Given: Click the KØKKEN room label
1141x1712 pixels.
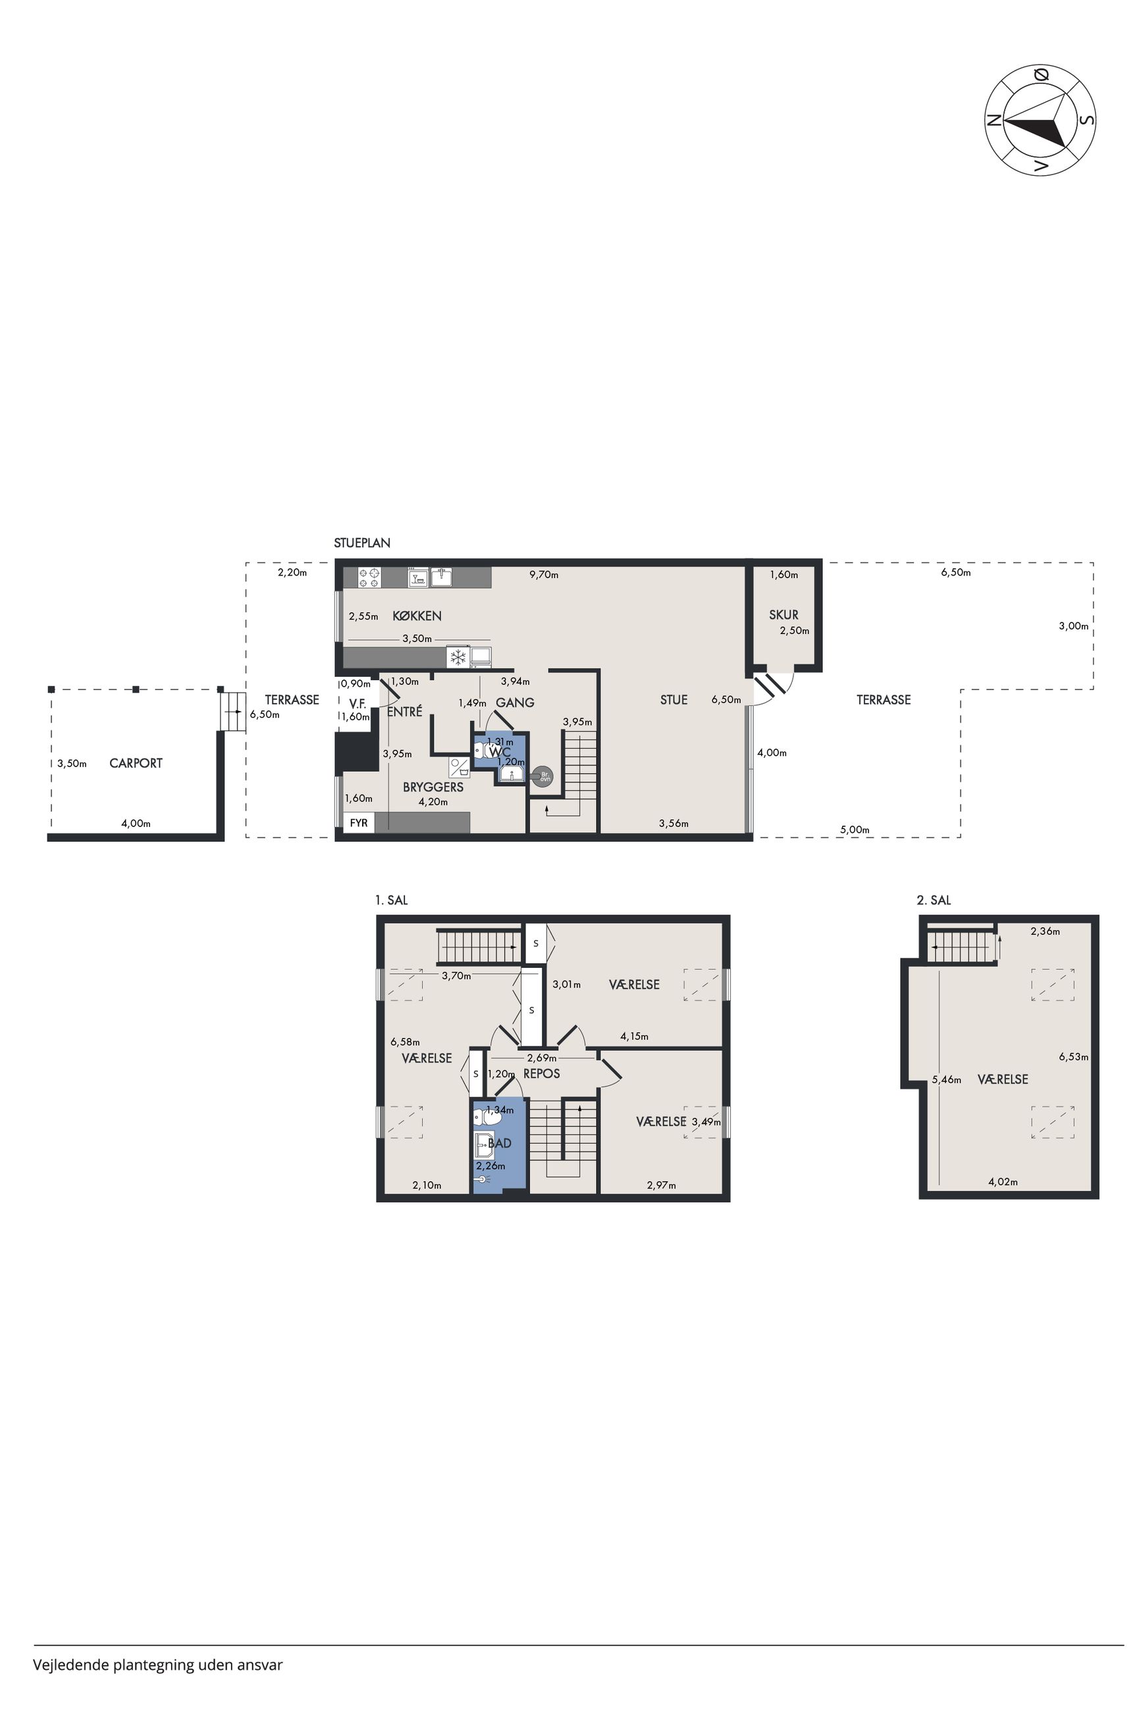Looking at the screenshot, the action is [417, 616].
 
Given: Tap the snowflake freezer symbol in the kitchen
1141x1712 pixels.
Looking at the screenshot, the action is [458, 658].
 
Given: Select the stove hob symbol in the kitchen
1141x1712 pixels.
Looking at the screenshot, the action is [369, 577].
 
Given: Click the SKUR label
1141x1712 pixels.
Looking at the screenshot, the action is [783, 615].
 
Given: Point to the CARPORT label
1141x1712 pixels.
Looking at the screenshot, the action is [136, 763].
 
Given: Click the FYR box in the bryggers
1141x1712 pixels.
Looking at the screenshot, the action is [359, 823].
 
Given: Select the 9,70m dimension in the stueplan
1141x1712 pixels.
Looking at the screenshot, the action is [544, 575].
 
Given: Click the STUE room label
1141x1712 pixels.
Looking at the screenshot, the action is [674, 700].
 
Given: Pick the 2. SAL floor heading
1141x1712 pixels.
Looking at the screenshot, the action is [934, 900].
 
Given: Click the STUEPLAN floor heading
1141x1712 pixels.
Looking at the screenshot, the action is [362, 543].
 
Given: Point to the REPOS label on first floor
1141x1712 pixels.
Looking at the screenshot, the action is [542, 1073].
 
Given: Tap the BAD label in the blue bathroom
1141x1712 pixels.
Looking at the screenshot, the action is [500, 1143].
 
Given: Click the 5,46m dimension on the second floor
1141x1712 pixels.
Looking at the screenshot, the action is [947, 1080].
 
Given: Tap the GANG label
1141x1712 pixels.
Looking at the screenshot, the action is [516, 703].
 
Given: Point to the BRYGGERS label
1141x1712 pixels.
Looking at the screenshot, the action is [433, 788].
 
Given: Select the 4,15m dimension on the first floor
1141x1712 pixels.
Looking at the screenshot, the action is [635, 1036].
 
